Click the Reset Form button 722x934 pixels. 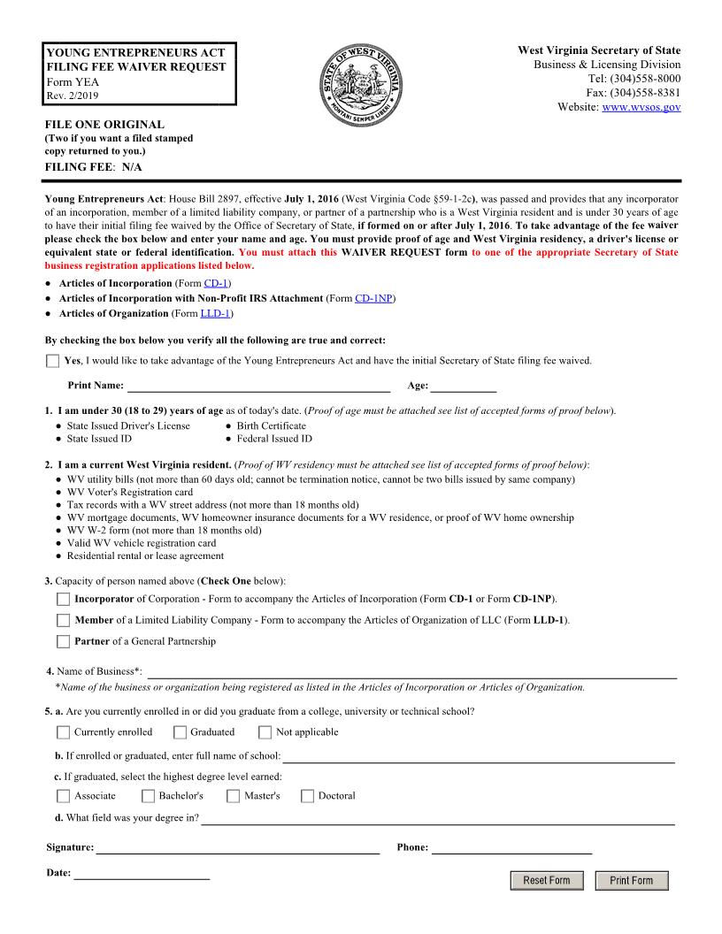coord(547,880)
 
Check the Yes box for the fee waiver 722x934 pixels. coord(53,361)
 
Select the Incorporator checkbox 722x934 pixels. coord(63,600)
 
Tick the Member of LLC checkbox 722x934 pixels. coord(63,621)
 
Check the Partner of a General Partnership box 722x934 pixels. coord(63,641)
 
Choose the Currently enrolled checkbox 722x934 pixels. coord(63,732)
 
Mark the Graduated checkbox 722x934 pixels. coord(180,732)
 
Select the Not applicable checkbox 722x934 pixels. coord(265,732)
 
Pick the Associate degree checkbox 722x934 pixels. coord(63,796)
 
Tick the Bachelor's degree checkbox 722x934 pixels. coord(148,796)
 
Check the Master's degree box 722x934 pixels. coord(234,796)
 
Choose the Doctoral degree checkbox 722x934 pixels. coord(307,796)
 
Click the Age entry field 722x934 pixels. coord(463,385)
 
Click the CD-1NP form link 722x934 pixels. coord(373,298)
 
